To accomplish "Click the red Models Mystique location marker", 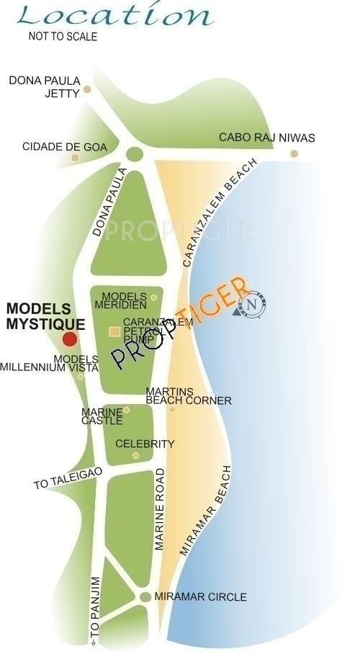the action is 70,339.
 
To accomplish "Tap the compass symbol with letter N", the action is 253,305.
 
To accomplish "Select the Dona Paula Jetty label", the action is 44,86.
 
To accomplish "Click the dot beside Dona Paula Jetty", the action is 87,90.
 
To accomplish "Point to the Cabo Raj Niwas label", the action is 266,138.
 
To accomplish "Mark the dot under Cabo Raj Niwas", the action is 294,153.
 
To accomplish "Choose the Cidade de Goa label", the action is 65,147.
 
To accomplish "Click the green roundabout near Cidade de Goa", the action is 134,153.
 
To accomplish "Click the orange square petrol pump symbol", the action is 114,331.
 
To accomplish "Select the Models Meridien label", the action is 125,301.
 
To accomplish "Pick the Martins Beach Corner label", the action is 189,396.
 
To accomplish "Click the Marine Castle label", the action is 101,416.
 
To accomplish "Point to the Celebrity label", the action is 145,444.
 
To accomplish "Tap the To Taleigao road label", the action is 68,478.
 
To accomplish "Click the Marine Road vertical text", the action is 161,509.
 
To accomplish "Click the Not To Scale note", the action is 63,36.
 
